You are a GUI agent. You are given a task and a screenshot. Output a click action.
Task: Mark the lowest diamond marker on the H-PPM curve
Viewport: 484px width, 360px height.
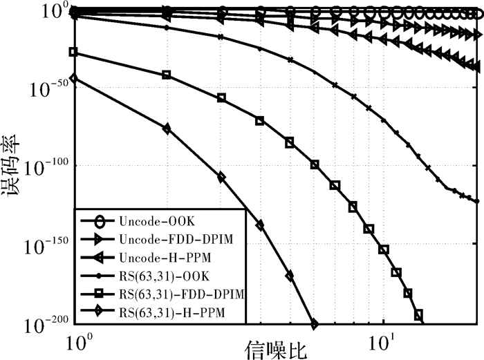click(315, 323)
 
